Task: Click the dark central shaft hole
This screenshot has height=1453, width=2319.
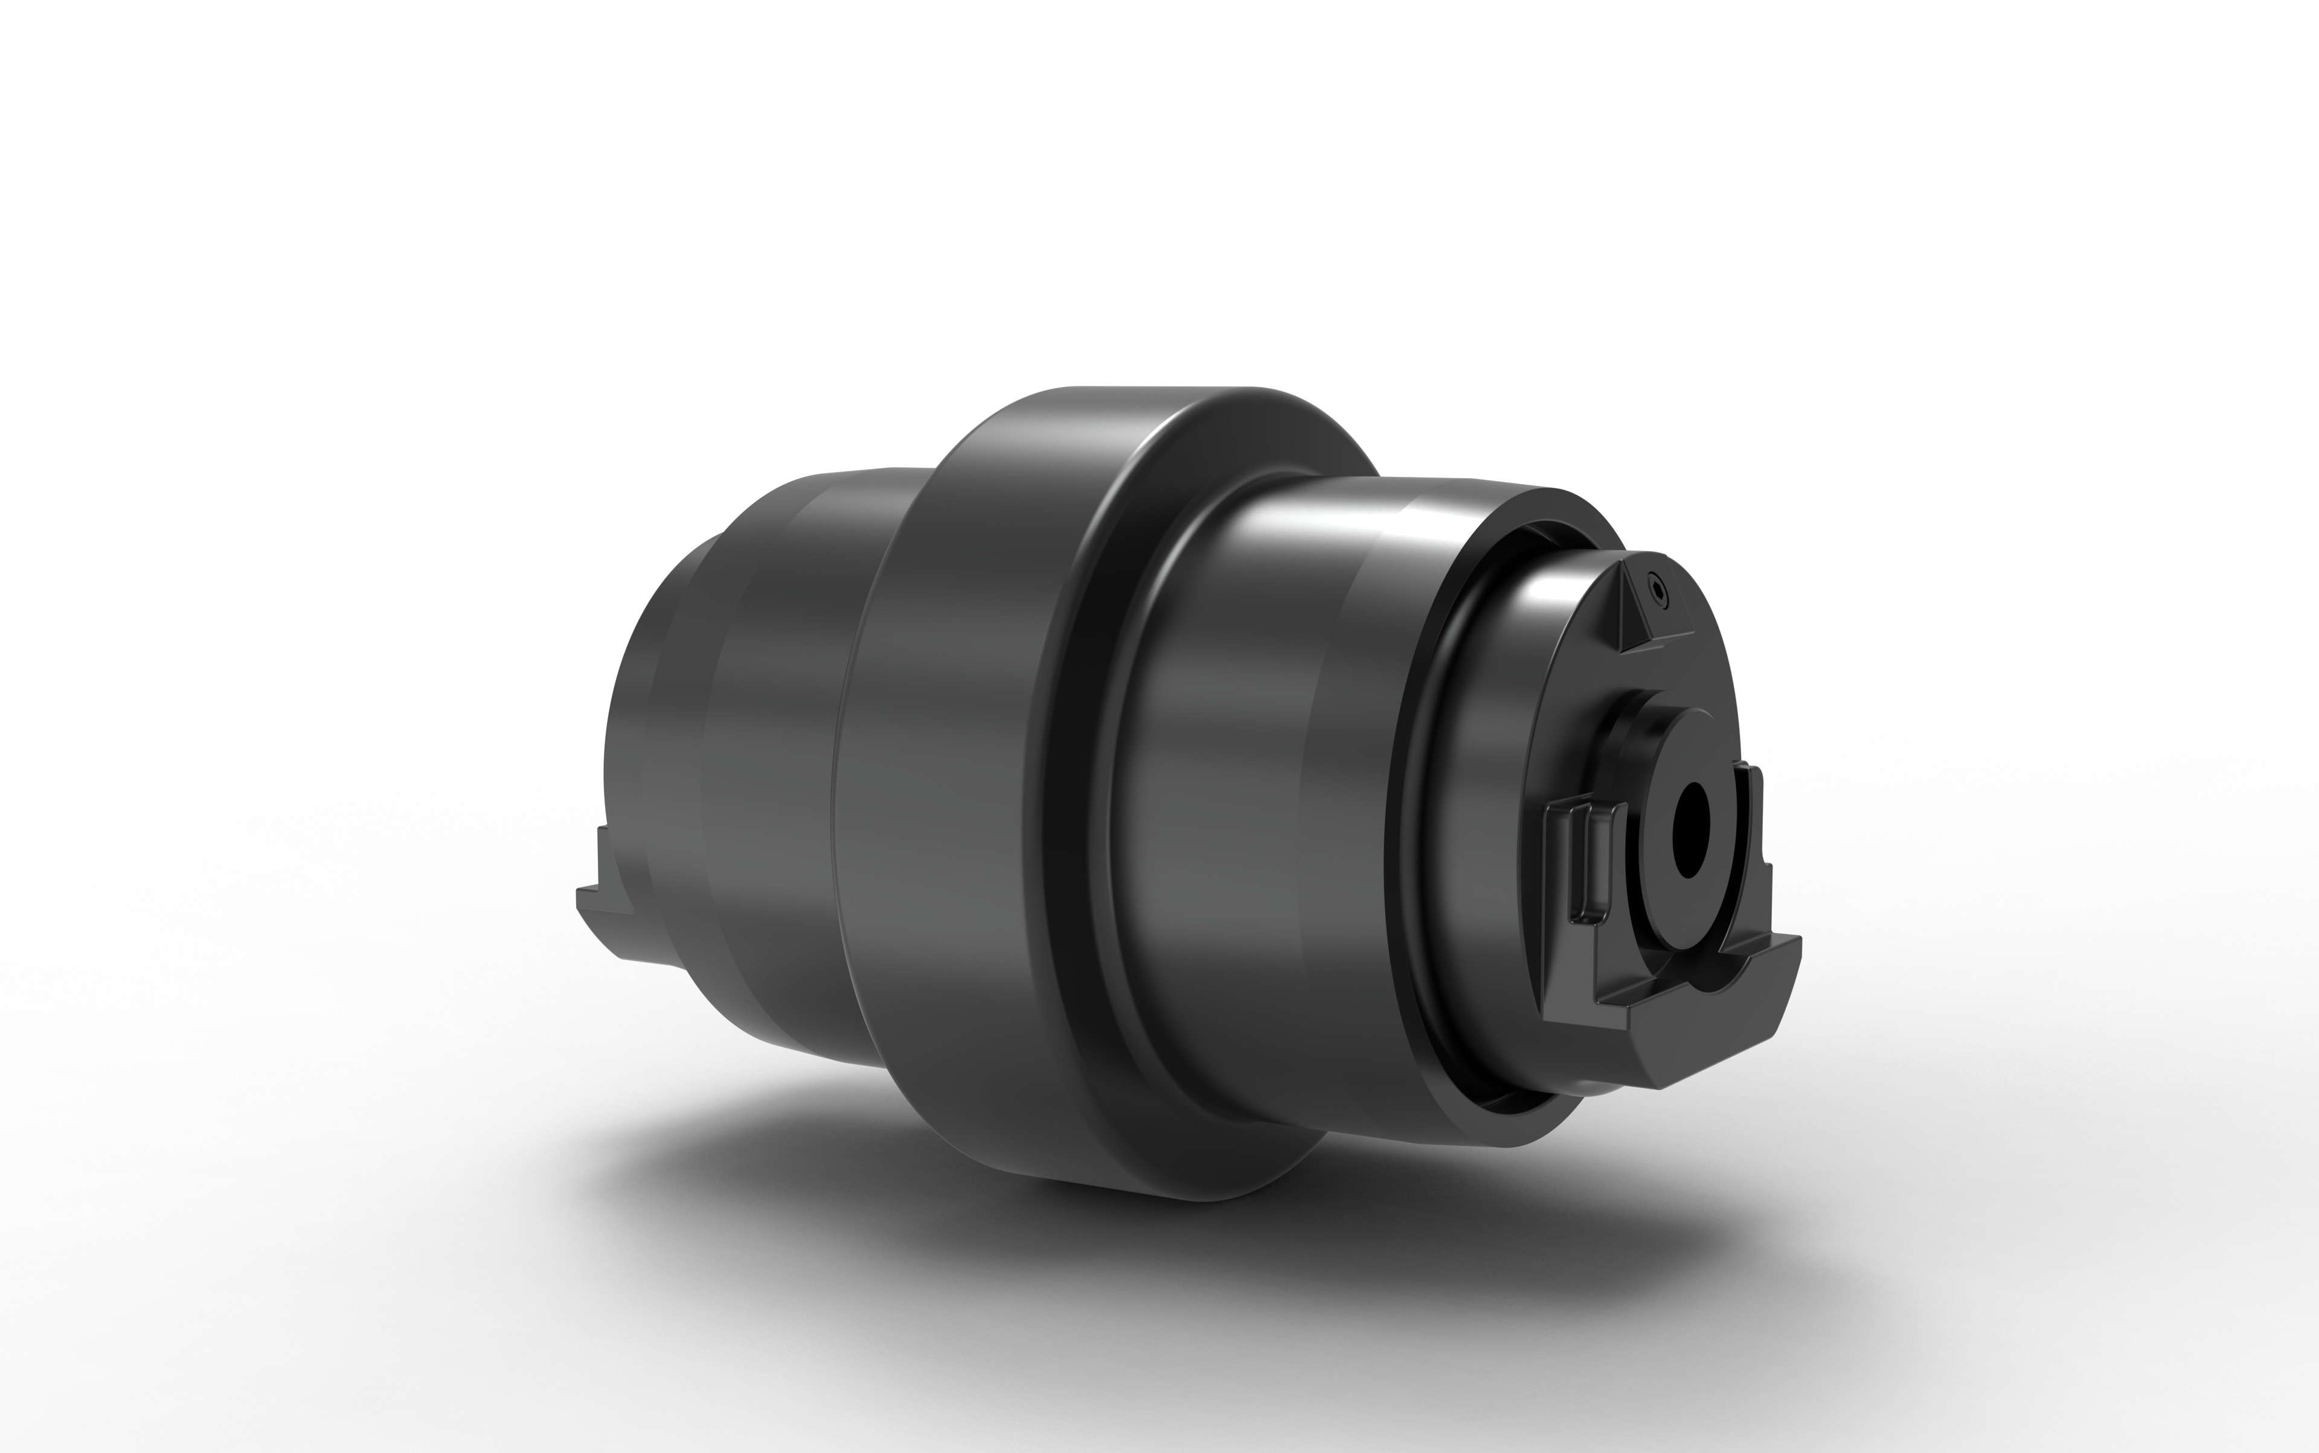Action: pyautogui.click(x=1690, y=828)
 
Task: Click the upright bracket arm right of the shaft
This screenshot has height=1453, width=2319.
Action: pyautogui.click(x=1754, y=817)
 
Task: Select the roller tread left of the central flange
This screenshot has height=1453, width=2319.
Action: pyautogui.click(x=769, y=769)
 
